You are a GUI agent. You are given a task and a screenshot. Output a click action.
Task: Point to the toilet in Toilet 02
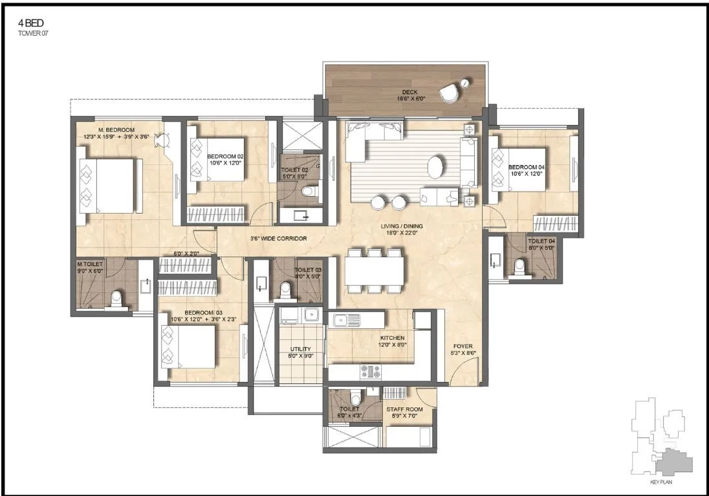click(x=310, y=191)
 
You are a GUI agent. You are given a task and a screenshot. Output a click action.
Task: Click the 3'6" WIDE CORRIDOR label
click(x=278, y=238)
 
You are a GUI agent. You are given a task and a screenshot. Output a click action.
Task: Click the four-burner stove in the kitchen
click(x=371, y=372)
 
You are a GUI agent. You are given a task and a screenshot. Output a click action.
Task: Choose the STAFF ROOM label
click(x=404, y=413)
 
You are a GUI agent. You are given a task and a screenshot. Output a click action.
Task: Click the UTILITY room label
click(x=301, y=352)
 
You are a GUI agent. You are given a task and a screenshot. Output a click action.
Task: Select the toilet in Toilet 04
click(x=519, y=266)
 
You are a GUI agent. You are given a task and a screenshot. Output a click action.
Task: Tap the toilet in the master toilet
click(x=116, y=299)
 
